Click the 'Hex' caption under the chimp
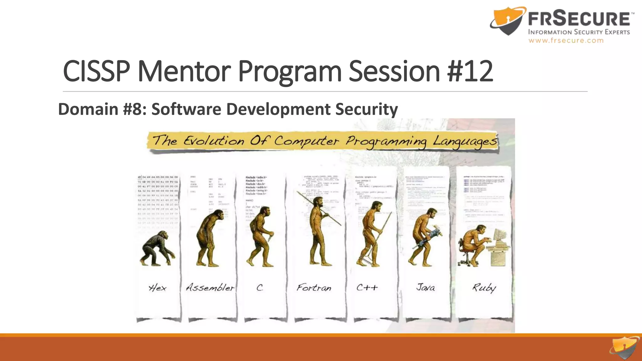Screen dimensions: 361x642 click(x=157, y=287)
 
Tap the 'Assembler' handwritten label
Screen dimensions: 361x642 click(x=210, y=287)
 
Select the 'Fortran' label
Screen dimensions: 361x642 click(x=314, y=287)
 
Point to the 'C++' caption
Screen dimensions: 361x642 click(x=367, y=287)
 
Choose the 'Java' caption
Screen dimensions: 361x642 click(x=425, y=287)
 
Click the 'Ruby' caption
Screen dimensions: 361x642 click(x=484, y=288)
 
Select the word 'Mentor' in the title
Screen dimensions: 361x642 click(x=184, y=71)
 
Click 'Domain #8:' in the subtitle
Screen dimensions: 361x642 click(x=102, y=109)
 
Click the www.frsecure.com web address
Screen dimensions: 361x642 click(x=566, y=40)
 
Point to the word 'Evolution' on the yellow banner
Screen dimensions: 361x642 click(x=214, y=141)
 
